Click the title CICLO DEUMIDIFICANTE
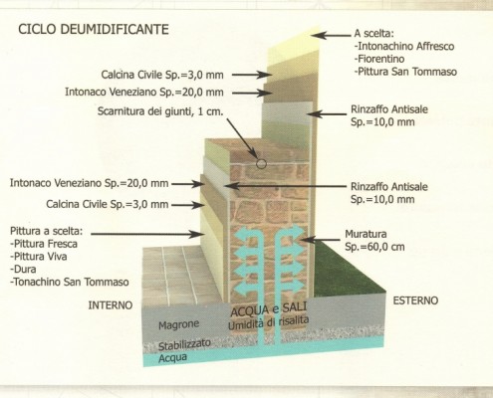click(x=94, y=29)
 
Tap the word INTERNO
click(x=111, y=305)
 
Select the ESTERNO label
click(x=415, y=300)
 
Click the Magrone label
click(x=178, y=324)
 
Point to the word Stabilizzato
click(x=184, y=344)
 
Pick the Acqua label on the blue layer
click(x=172, y=358)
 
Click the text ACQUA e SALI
click(x=268, y=310)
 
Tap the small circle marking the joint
click(x=261, y=163)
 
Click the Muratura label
click(x=366, y=234)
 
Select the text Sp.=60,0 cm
click(x=374, y=247)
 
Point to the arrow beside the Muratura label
click(x=322, y=239)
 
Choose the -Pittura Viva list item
click(x=39, y=257)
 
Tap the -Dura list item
click(x=23, y=269)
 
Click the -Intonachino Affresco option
click(x=404, y=46)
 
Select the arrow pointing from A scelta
click(x=332, y=35)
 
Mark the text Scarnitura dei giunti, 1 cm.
click(x=160, y=111)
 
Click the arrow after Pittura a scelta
click(x=147, y=234)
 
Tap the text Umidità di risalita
click(x=268, y=322)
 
